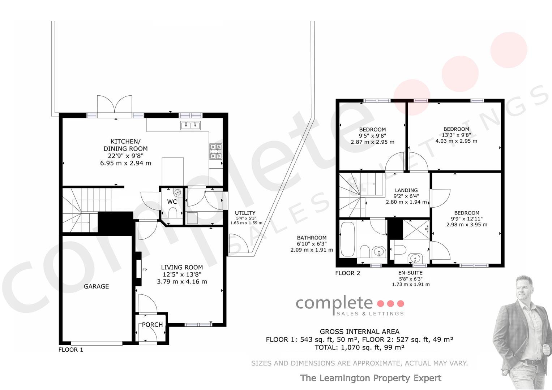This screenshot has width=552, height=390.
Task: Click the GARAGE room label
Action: (x=97, y=286)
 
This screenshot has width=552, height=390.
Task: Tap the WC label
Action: (x=172, y=201)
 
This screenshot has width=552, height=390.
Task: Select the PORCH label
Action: (x=152, y=325)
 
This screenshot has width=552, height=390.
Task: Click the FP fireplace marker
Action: (x=145, y=270)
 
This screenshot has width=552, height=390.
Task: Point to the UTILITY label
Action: (x=245, y=213)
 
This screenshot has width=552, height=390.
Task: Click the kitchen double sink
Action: (x=191, y=126)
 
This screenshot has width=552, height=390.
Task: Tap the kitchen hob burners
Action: (x=216, y=151)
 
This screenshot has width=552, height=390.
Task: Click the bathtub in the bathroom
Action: (x=347, y=239)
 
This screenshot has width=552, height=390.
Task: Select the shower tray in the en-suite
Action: (x=416, y=229)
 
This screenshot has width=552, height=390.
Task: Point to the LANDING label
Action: (x=406, y=190)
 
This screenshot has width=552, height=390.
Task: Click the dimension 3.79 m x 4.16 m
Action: (x=182, y=282)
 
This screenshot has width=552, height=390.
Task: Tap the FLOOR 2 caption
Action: (x=348, y=273)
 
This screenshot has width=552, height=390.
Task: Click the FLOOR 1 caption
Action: (x=71, y=350)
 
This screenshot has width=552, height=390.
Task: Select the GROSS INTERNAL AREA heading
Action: (x=360, y=331)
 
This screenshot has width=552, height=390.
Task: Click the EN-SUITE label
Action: (x=411, y=273)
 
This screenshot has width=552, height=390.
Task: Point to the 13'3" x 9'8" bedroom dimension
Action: (x=456, y=135)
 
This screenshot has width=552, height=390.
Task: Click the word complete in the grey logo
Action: (x=334, y=303)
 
